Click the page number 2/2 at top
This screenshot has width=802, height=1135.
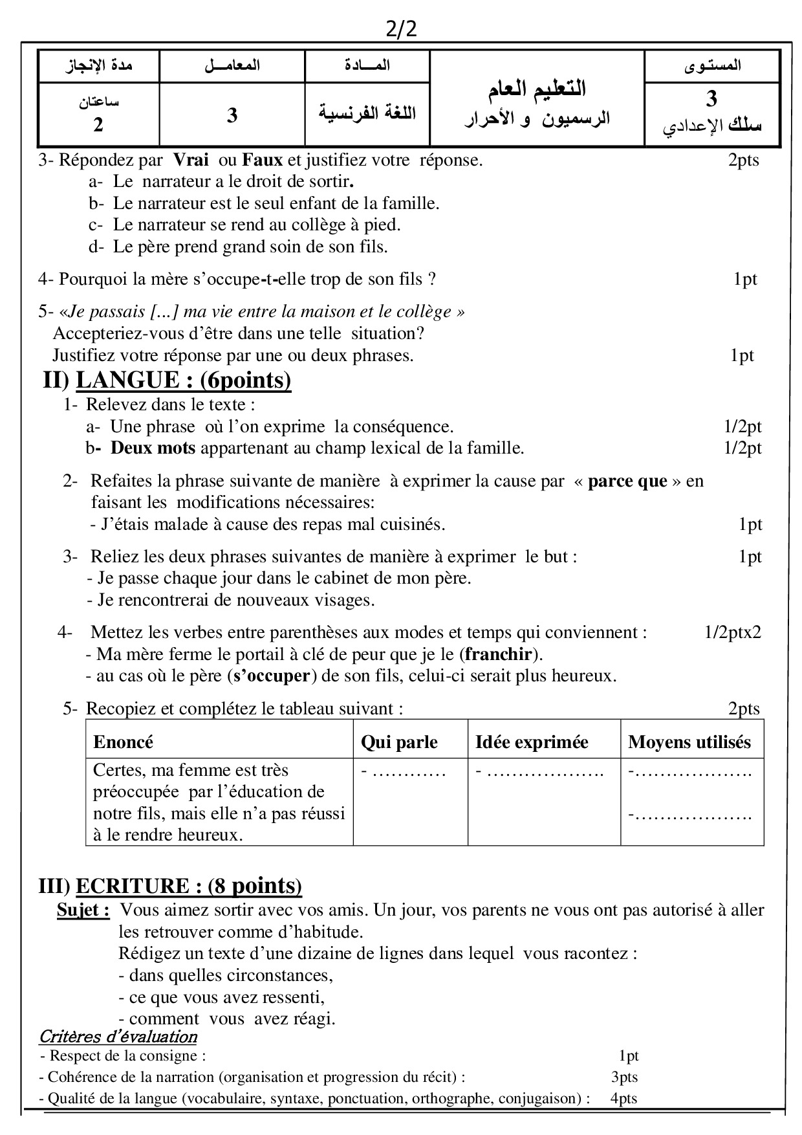point(401,30)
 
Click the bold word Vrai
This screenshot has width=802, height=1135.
point(191,160)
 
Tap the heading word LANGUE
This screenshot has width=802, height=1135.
point(127,380)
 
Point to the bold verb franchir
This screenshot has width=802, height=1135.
point(498,654)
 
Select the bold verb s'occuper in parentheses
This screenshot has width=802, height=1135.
point(272,676)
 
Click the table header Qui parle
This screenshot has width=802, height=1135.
point(399,742)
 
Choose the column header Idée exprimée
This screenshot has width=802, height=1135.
point(532,742)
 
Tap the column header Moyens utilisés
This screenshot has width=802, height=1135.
point(689,742)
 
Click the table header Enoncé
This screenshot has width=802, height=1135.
point(124,742)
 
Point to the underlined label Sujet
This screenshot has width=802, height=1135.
point(83,910)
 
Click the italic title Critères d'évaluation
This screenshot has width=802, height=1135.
point(118,1037)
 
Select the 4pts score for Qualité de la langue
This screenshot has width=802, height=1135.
point(623,1098)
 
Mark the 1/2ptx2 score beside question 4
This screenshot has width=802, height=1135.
point(733,632)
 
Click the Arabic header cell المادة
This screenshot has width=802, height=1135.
point(367,65)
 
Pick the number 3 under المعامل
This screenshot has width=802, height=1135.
point(232,116)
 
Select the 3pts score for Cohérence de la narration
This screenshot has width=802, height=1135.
point(624,1077)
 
